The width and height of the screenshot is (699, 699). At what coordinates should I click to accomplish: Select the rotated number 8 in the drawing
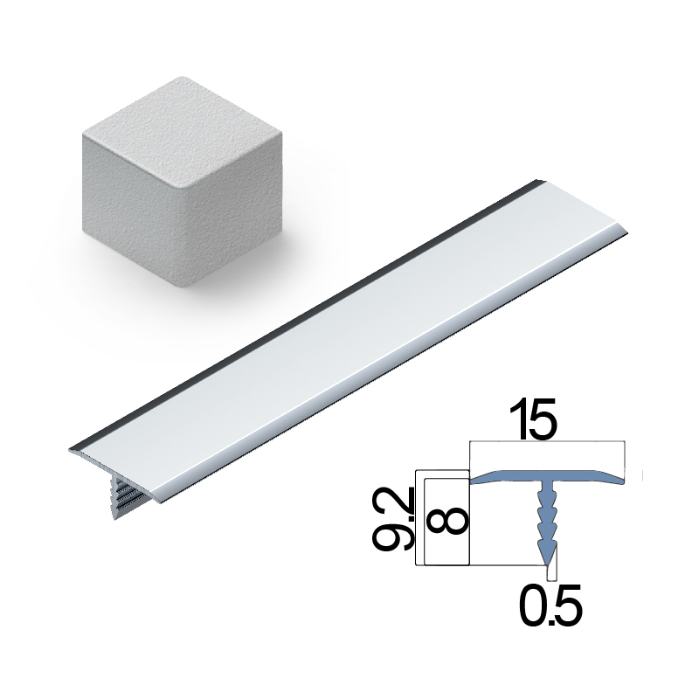click(446, 521)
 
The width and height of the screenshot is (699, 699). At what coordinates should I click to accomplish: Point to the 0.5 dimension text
click(551, 604)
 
